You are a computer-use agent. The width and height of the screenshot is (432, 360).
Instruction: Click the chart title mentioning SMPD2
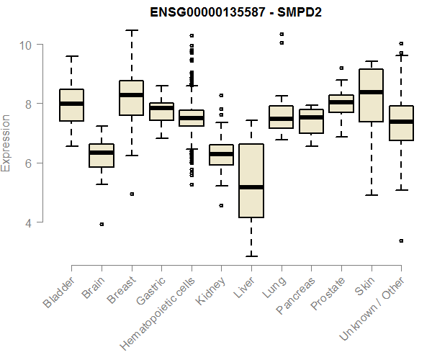235,13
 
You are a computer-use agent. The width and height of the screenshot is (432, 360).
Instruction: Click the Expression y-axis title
6,143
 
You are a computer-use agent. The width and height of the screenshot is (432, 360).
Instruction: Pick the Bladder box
72,105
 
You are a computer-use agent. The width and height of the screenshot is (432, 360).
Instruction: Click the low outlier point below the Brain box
102,224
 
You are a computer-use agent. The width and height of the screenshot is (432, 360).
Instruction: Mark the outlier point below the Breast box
132,194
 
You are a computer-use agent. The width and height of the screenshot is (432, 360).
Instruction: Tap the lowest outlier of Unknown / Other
400,240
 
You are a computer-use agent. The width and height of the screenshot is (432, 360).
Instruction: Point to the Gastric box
161,112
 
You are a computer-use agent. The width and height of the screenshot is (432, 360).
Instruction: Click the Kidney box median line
221,154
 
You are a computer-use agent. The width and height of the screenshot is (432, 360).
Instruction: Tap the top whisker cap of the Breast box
132,31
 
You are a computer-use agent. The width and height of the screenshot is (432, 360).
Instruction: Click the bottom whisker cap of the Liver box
251,256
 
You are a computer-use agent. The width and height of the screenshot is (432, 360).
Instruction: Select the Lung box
281,117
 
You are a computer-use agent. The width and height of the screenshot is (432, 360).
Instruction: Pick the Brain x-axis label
95,286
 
